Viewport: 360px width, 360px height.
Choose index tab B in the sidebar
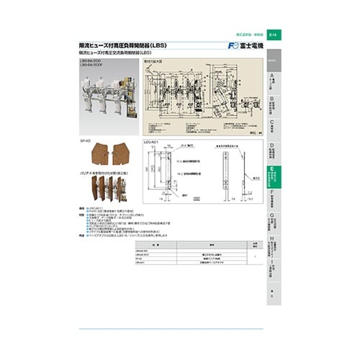point(274,104)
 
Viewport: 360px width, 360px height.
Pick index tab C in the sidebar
point(274,128)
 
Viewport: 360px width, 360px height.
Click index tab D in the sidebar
point(274,152)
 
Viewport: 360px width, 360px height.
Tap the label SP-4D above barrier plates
point(86,142)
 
